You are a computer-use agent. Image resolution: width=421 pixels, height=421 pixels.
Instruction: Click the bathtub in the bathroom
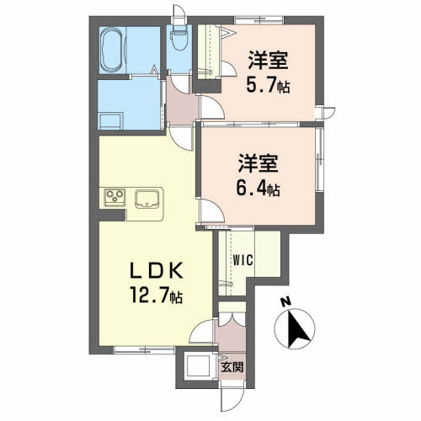[x=112, y=51]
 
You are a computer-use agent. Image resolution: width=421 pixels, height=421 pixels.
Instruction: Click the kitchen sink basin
[x=146, y=199]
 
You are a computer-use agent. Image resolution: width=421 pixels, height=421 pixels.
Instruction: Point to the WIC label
[x=243, y=260]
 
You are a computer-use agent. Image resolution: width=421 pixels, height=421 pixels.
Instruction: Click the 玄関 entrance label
[x=232, y=367]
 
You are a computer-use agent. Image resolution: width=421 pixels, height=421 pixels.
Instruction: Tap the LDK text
[x=156, y=270]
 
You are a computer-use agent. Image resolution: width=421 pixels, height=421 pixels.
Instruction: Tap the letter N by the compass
[x=286, y=302]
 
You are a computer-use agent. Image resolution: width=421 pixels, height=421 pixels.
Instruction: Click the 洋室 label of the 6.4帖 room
[x=258, y=163]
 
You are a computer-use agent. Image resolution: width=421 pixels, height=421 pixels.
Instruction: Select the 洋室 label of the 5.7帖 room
[x=268, y=60]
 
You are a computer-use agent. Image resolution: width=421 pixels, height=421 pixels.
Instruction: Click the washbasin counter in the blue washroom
[x=110, y=121]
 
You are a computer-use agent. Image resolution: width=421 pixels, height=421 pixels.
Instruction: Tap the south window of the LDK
[x=144, y=349]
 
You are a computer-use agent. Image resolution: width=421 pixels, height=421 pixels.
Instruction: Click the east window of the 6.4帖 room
[x=319, y=160]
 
